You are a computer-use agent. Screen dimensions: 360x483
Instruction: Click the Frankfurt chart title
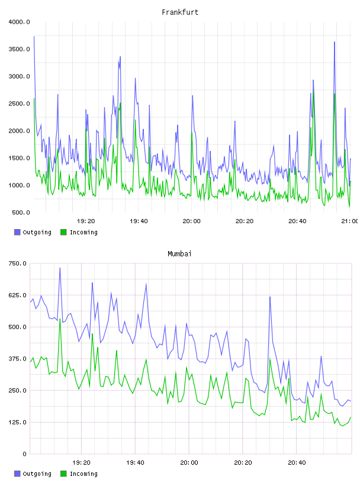coord(180,12)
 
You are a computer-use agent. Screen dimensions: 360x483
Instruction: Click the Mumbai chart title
coord(179,254)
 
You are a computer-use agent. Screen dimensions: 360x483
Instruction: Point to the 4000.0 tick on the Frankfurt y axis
coord(20,22)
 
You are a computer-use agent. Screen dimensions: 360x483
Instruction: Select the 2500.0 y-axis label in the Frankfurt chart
coord(20,104)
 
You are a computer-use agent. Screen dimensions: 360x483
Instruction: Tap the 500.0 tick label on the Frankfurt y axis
coord(21,212)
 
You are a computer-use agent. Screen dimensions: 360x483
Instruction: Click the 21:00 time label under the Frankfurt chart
coord(350,221)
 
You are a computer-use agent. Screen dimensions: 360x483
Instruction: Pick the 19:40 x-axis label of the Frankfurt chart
coord(139,221)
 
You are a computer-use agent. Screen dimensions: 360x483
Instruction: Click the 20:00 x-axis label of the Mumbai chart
coord(189,463)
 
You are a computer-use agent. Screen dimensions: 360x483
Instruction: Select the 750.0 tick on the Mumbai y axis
coord(18,263)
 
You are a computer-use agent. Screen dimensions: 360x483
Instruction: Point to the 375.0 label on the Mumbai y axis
coord(18,359)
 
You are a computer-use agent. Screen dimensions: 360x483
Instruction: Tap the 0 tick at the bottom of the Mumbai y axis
coord(24,454)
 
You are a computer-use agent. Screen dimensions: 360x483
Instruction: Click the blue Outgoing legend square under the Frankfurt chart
coord(17,232)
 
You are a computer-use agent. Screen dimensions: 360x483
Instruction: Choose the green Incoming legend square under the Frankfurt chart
coord(63,232)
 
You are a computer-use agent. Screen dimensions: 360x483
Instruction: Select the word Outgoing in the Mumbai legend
coord(37,474)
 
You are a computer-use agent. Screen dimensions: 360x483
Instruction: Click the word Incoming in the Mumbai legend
coord(83,474)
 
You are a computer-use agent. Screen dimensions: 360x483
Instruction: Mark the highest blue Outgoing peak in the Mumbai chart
coord(60,268)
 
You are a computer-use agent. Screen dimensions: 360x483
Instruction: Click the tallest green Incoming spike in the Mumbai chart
coord(60,319)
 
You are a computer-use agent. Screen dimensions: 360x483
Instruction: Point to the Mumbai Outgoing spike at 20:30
coord(270,297)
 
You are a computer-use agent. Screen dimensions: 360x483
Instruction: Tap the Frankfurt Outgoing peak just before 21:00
coord(335,42)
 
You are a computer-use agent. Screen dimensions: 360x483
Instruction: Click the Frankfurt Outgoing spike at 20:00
coord(192,96)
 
